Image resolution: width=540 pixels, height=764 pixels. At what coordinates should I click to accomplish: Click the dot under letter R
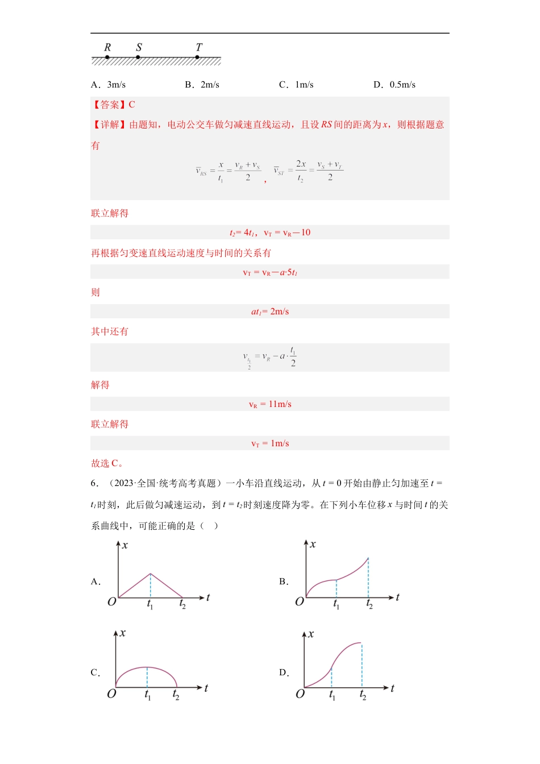point(107,57)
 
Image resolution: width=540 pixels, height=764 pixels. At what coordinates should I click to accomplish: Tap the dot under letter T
point(197,57)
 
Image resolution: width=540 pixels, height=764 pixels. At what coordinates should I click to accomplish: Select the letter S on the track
point(139,47)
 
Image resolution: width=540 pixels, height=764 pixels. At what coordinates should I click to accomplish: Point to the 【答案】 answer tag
point(106,105)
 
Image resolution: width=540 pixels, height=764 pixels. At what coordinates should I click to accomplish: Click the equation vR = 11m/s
point(270,404)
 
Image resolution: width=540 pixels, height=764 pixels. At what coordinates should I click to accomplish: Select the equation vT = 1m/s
point(270,443)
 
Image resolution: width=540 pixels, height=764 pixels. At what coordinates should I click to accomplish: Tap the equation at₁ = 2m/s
point(270,312)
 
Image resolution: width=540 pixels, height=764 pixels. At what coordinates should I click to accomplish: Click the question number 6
point(94,483)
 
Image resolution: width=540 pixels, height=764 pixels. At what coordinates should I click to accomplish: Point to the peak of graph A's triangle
point(150,574)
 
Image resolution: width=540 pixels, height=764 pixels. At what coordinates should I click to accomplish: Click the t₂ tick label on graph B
point(369,604)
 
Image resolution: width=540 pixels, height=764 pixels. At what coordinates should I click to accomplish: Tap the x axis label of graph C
point(123,633)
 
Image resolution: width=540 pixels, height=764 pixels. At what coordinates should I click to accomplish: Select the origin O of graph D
point(300,694)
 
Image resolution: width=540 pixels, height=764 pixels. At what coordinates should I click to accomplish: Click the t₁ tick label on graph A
point(150,605)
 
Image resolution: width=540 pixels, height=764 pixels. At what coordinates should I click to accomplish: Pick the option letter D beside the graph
point(284,672)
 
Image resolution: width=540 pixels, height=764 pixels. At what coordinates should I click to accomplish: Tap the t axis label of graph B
point(397,597)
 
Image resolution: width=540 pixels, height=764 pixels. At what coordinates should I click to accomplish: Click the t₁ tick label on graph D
point(332,696)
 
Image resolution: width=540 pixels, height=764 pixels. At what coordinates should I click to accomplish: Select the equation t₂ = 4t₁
point(242,232)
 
